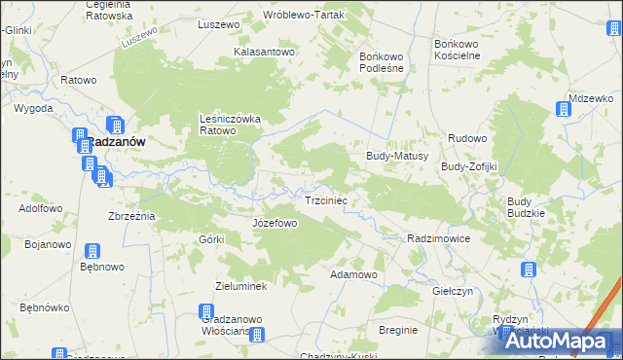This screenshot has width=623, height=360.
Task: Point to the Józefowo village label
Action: pyautogui.click(x=275, y=223)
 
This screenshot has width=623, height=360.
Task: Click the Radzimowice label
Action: pyautogui.click(x=439, y=238)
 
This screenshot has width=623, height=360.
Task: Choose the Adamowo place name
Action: pyautogui.click(x=353, y=274)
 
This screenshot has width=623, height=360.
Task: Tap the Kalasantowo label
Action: pyautogui.click(x=264, y=52)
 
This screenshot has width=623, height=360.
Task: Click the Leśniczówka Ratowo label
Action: pyautogui.click(x=225, y=125)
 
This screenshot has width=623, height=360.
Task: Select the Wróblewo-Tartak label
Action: pyautogui.click(x=300, y=16)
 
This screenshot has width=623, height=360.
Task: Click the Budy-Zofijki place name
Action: pyautogui.click(x=469, y=166)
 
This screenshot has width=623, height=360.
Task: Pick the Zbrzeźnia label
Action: pyautogui.click(x=130, y=215)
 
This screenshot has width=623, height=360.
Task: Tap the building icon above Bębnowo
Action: pyautogui.click(x=93, y=252)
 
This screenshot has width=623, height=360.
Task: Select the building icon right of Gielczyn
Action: pyautogui.click(x=529, y=270)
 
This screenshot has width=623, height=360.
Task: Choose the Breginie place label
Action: pyautogui.click(x=398, y=330)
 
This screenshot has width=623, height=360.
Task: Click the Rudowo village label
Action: pyautogui.click(x=467, y=138)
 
